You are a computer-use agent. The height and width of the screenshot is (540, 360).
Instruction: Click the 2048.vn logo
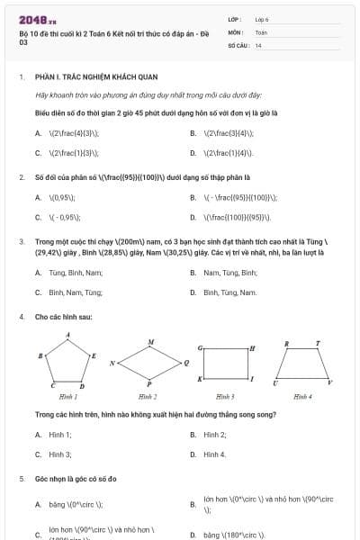pos(37,19)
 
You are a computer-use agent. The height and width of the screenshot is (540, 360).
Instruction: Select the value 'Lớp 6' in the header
pos(262,19)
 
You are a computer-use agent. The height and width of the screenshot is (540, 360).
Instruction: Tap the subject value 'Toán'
pos(261,31)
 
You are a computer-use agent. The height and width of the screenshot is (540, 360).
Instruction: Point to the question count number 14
pos(258,44)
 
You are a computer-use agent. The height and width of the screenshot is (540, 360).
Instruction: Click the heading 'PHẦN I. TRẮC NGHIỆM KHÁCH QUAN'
pos(82,77)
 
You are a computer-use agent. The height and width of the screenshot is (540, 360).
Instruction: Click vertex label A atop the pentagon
pos(68,336)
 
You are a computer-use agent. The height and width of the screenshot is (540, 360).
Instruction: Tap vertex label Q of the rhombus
pos(185,362)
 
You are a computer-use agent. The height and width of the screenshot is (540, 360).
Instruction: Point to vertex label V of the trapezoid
pos(329,383)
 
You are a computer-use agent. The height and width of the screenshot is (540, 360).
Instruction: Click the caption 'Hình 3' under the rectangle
pos(225,396)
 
